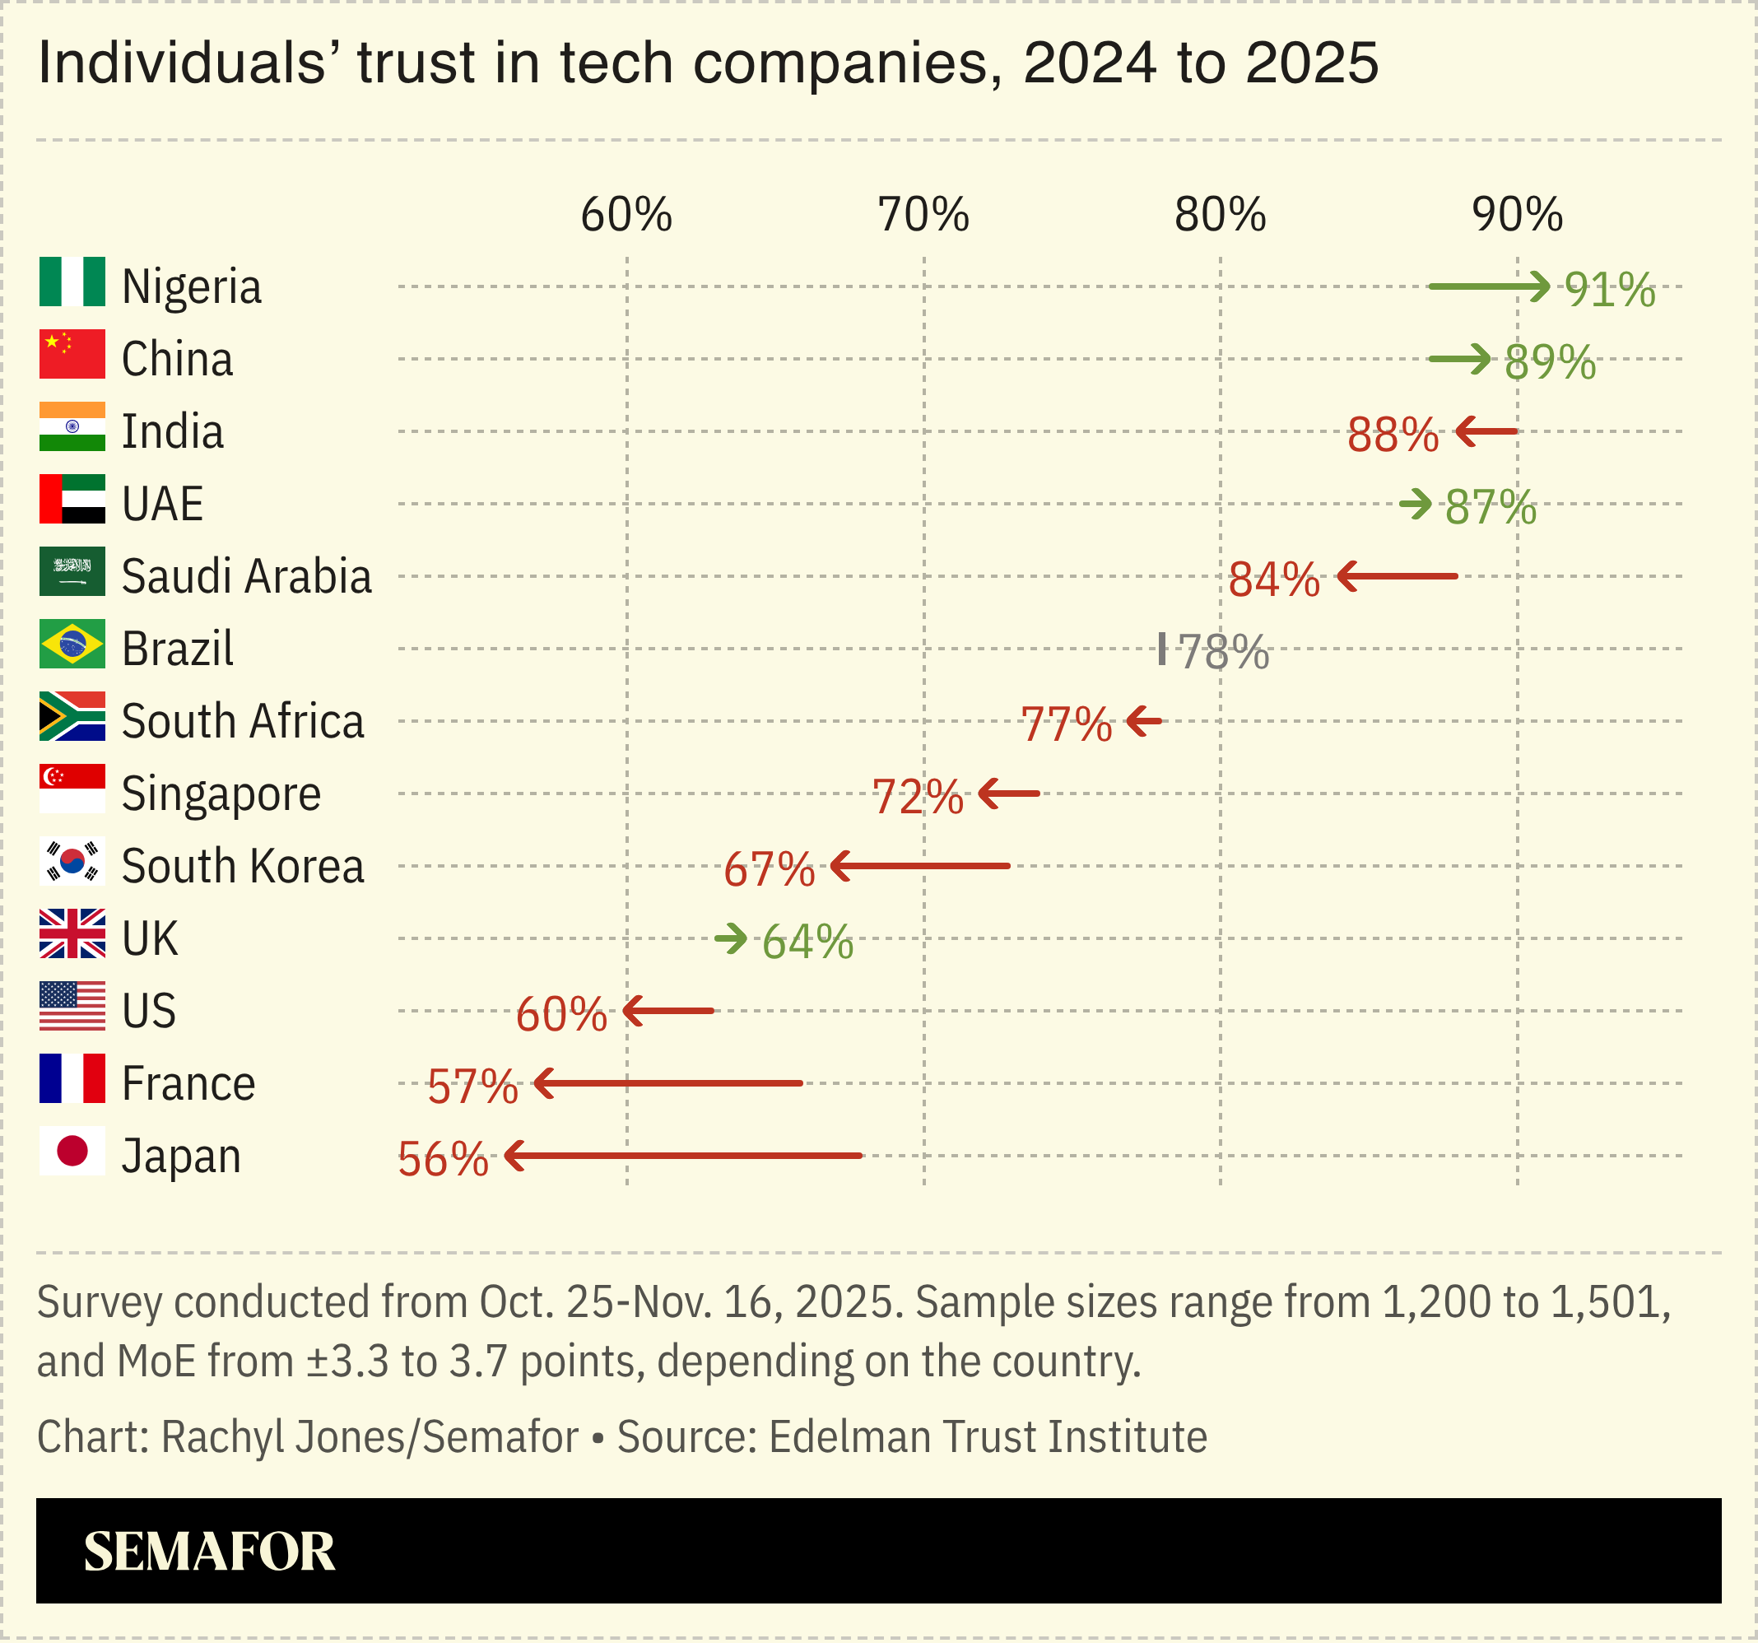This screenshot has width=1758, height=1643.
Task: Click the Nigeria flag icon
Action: coord(72,282)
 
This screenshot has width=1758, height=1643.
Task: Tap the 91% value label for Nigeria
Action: coord(1609,289)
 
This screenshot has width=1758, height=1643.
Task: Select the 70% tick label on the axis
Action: coord(923,215)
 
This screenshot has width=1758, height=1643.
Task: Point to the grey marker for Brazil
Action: coord(1161,649)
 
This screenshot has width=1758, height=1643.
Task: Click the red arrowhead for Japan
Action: coord(514,1156)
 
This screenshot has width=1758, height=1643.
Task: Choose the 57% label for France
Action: coord(472,1087)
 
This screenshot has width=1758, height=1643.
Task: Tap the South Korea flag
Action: coord(72,861)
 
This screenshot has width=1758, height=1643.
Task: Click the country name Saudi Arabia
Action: coord(246,576)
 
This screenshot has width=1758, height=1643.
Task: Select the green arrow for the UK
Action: coord(730,938)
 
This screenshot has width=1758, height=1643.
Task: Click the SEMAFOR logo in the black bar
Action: coord(209,1552)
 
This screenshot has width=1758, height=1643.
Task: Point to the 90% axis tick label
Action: coord(1517,215)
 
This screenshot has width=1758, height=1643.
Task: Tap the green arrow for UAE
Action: coord(1415,504)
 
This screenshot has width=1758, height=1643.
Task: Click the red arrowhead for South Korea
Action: coord(839,866)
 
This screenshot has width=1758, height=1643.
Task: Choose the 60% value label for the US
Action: coord(560,1014)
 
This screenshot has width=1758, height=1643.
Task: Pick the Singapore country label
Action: coord(221,794)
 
